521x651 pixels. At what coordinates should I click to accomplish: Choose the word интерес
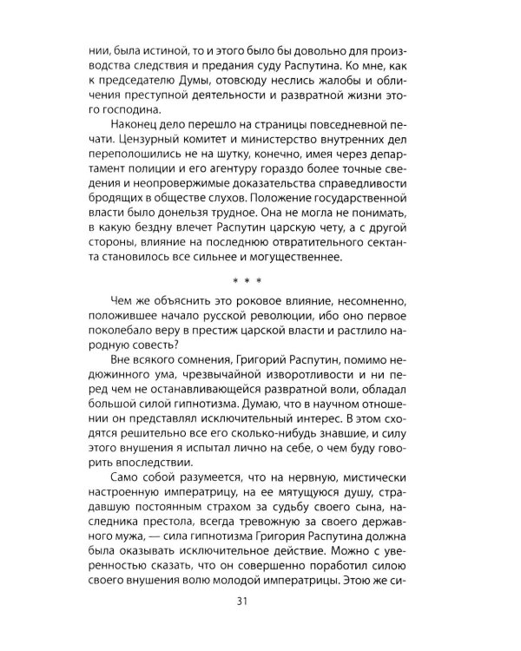click(x=299, y=416)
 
